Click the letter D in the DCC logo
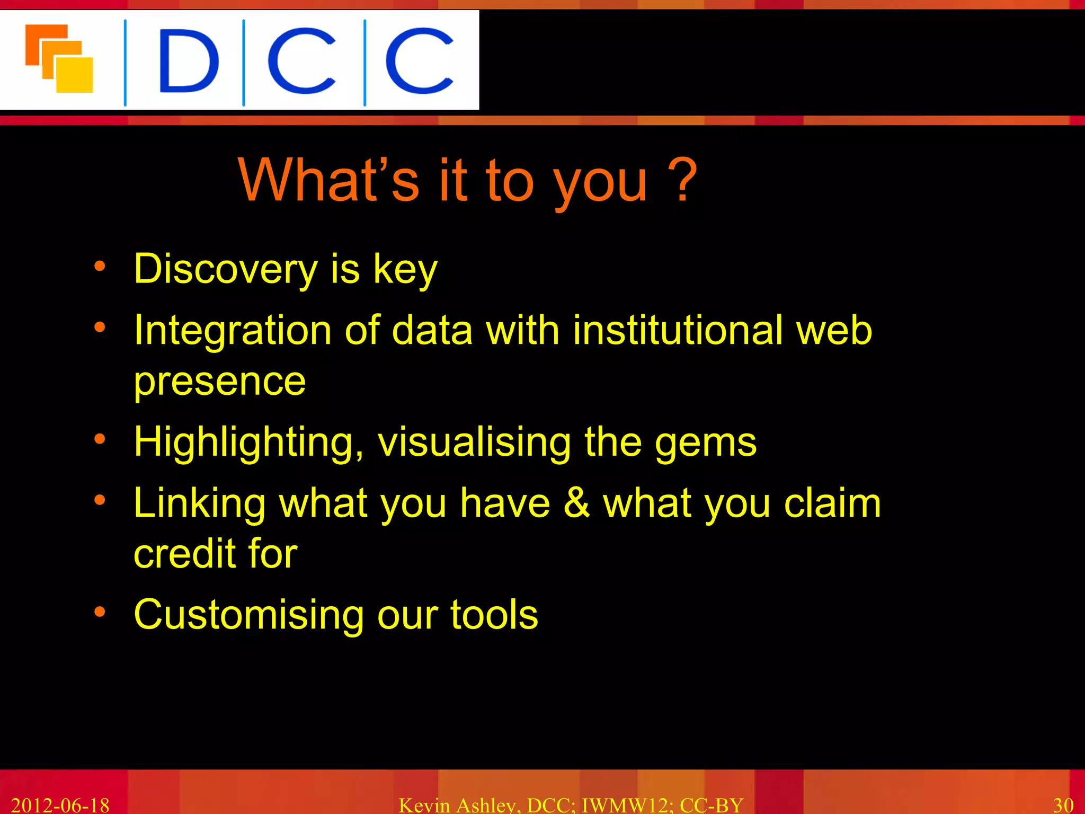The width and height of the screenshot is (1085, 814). pyautogui.click(x=188, y=61)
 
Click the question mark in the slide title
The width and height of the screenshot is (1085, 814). pyautogui.click(x=682, y=180)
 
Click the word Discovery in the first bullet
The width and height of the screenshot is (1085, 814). pyautogui.click(x=225, y=269)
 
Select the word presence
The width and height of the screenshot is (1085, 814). pyautogui.click(x=220, y=382)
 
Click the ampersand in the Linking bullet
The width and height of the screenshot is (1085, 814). pyautogui.click(x=576, y=502)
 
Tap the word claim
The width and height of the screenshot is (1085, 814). pyautogui.click(x=832, y=502)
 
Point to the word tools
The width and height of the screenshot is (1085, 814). pyautogui.click(x=494, y=615)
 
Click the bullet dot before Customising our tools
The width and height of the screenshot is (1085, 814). pyautogui.click(x=100, y=612)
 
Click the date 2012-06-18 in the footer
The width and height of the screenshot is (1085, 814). pyautogui.click(x=60, y=804)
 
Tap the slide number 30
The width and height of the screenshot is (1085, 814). pyautogui.click(x=1063, y=804)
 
